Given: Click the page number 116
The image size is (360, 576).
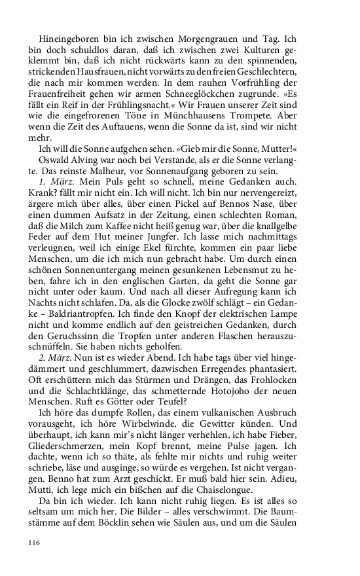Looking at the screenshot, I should pos(35,541).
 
